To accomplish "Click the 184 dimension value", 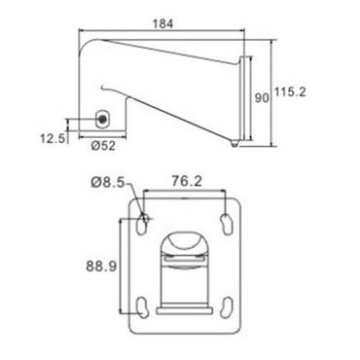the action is (x=162, y=23).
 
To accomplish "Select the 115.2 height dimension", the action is (x=290, y=92).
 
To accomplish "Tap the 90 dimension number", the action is (x=262, y=98).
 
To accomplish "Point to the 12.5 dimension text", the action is (x=53, y=138).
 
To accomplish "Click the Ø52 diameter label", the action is (x=103, y=146).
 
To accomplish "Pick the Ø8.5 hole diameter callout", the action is (x=107, y=183).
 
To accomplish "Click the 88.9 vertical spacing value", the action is (x=101, y=266).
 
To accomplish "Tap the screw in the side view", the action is (x=102, y=120).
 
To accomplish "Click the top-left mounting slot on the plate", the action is (x=142, y=224).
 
